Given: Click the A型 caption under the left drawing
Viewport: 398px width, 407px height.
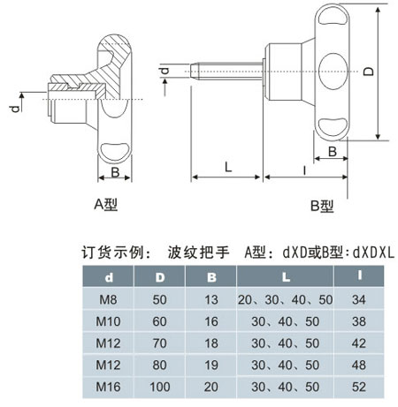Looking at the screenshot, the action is (x=106, y=204).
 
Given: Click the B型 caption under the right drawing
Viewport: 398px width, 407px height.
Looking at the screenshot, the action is (x=322, y=206).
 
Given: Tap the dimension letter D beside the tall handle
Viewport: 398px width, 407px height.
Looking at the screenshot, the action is (x=369, y=72).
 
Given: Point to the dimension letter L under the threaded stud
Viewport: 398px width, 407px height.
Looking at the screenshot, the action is (x=228, y=167).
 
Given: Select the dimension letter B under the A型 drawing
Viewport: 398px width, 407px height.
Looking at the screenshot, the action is (x=115, y=172).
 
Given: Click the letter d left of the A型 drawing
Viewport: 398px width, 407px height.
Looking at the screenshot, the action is (x=15, y=109).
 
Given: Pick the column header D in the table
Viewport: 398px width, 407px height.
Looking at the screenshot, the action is (x=160, y=277).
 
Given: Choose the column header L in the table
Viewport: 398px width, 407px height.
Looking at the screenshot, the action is (x=286, y=277).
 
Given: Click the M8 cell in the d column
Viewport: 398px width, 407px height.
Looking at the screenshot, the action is (x=108, y=299).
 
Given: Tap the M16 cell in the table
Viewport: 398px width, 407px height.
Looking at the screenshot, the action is (x=108, y=387).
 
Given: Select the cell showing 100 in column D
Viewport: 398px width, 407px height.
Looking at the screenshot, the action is (x=160, y=387).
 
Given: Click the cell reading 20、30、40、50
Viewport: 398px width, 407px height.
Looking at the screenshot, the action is (x=285, y=299).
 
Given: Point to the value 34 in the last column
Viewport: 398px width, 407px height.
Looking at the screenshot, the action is (x=359, y=299).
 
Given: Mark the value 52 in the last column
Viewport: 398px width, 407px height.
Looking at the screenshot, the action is (x=359, y=387).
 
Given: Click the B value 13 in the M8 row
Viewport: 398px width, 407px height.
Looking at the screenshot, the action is (x=211, y=299).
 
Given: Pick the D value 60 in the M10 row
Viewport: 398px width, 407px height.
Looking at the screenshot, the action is (x=159, y=321).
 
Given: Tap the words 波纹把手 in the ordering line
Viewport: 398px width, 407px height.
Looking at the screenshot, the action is (x=198, y=252).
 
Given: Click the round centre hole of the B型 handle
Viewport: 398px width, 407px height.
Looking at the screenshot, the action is (x=333, y=71).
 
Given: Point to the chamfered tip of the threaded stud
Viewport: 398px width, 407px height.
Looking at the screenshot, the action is (x=194, y=71).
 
